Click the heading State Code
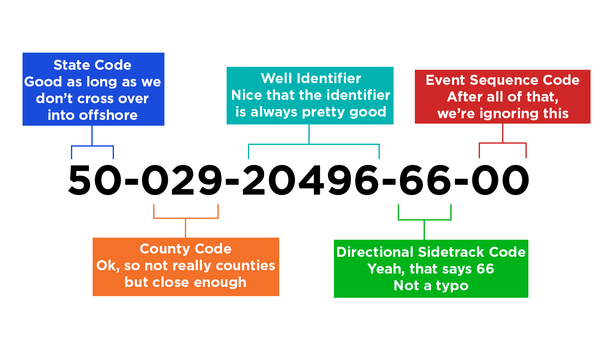pyautogui.click(x=92, y=65)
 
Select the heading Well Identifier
pyautogui.click(x=311, y=79)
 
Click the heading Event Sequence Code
pyautogui.click(x=503, y=80)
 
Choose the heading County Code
pyautogui.click(x=185, y=249)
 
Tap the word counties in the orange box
pyautogui.click(x=245, y=266)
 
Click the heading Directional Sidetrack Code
pyautogui.click(x=431, y=252)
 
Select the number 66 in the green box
pyautogui.click(x=485, y=269)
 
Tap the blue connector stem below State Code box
pyautogui.click(x=92, y=142)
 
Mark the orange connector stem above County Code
pyautogui.click(x=186, y=221)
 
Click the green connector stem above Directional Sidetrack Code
pyautogui.click(x=424, y=222)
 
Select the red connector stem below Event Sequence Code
pyautogui.click(x=503, y=141)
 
